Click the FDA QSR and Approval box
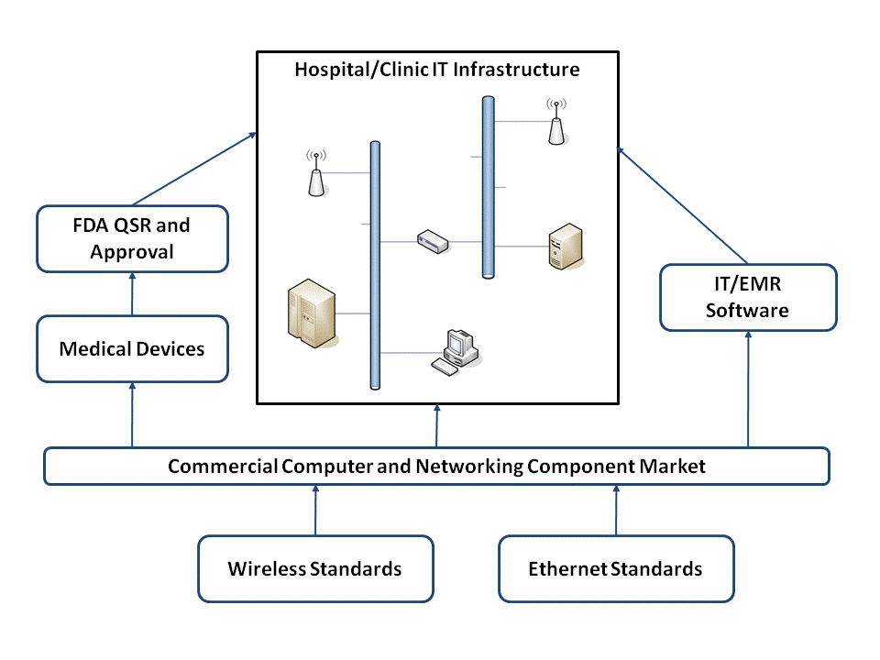pos(132,238)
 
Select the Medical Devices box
pos(132,349)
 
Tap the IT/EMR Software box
pos(747,298)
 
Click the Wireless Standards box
pos(314,568)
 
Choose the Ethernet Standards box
pos(615,568)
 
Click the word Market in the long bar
pos(674,466)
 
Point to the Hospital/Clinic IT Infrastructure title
pos(436,70)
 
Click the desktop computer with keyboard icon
pos(456,350)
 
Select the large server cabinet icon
pos(312,314)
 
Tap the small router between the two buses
pos(432,242)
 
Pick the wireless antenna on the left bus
pos(316,174)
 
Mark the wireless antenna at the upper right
pos(555,123)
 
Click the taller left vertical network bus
pos(374,266)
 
